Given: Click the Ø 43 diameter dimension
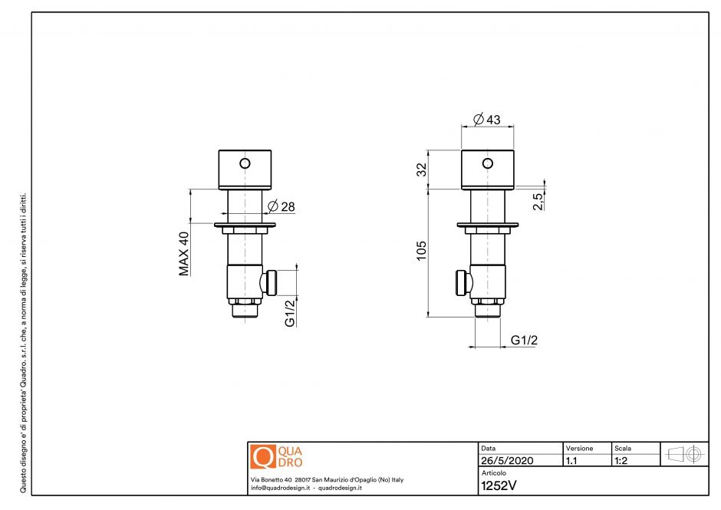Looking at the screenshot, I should (x=487, y=120).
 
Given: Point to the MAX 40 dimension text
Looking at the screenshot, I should (x=184, y=253).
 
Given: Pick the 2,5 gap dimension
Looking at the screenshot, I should (x=538, y=202).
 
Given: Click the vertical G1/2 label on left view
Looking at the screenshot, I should (x=290, y=312).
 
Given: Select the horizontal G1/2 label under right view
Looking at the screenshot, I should (x=524, y=340).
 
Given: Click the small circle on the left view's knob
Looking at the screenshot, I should (x=245, y=163).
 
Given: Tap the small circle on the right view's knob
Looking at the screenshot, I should (x=487, y=163).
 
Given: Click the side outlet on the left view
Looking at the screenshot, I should (x=270, y=282).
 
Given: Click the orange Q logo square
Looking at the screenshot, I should (x=263, y=456).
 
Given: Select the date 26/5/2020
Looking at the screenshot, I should (x=506, y=462).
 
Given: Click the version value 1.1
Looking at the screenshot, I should (x=571, y=462).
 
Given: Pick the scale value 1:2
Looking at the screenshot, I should (x=622, y=462).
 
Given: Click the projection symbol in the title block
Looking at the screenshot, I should (x=685, y=453).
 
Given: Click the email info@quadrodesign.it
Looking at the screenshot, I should (x=281, y=488).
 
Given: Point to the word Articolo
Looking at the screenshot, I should (x=493, y=473).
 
